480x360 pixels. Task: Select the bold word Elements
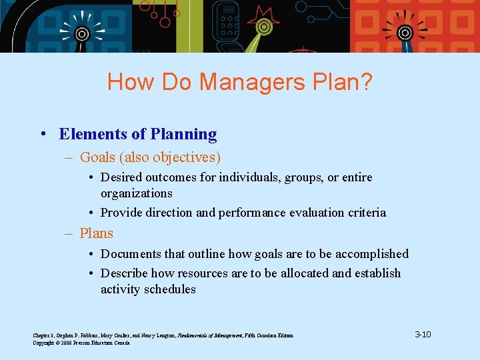pyautogui.click(x=93, y=134)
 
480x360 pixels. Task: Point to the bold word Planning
pyautogui.click(x=183, y=134)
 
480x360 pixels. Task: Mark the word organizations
pyautogui.click(x=136, y=193)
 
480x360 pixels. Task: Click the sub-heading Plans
pyautogui.click(x=97, y=233)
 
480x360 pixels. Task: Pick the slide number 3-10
pyautogui.click(x=423, y=334)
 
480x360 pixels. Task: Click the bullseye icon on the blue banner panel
pyautogui.click(x=81, y=33)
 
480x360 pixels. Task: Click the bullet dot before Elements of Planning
pyautogui.click(x=43, y=135)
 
